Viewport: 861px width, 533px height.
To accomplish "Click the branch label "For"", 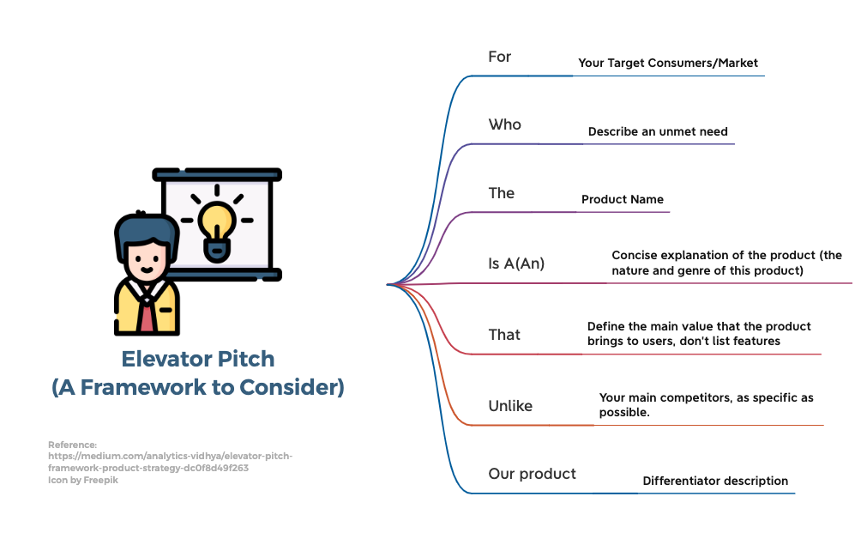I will [499, 57].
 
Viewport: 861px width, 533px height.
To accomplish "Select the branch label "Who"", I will [504, 124].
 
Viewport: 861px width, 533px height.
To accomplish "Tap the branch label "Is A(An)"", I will [516, 263].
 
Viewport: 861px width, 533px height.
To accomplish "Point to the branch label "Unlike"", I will [510, 406].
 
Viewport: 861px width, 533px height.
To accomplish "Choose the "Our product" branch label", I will [532, 474].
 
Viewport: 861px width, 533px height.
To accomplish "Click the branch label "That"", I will [504, 335].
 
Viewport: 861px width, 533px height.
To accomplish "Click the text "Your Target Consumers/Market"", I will [668, 63].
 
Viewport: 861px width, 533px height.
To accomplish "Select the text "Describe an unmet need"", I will [658, 131].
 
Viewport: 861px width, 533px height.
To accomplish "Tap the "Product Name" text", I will [623, 199].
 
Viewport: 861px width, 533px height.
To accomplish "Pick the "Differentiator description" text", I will [715, 481].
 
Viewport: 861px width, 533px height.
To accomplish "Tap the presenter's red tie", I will [148, 315].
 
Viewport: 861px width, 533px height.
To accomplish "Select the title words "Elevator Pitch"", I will [198, 358].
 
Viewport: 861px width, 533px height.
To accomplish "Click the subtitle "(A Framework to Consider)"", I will [198, 387].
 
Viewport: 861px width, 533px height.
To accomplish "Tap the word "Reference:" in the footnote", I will [73, 445].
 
